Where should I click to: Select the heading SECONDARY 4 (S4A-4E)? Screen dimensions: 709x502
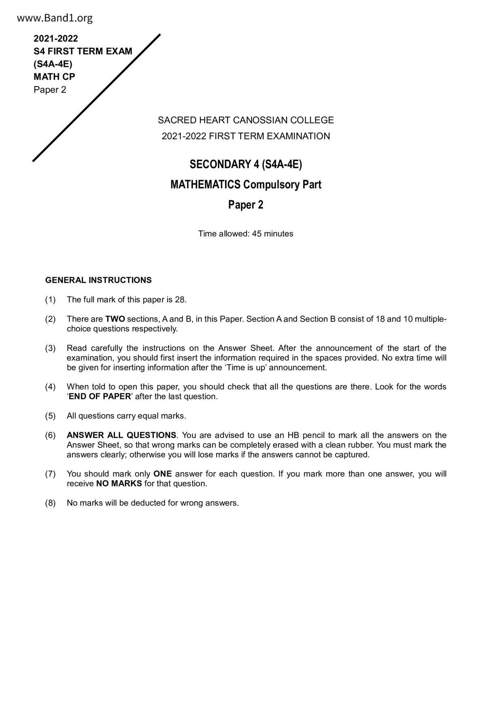[246, 165]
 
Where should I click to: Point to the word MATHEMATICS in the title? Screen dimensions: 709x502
[205, 185]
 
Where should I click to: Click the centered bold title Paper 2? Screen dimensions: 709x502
[246, 205]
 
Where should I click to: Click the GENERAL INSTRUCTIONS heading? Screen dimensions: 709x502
[98, 280]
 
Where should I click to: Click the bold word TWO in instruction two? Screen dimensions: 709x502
[115, 319]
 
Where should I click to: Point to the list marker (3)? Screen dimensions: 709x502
[50, 348]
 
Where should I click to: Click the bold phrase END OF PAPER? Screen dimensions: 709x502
[100, 397]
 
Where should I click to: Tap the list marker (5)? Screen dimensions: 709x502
[50, 416]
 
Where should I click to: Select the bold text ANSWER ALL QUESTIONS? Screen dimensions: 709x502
[121, 435]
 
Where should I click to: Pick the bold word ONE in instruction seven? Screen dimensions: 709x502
[162, 474]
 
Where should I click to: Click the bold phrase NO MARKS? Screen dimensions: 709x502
[119, 484]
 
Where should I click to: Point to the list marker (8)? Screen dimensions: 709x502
[50, 503]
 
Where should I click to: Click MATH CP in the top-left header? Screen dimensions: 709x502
[54, 77]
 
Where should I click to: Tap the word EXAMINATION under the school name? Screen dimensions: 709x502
[301, 136]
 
